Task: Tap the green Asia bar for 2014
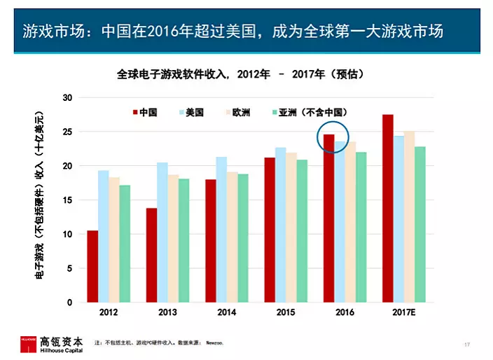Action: tap(243, 238)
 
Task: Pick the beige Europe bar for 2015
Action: tap(291, 228)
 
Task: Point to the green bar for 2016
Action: tap(361, 227)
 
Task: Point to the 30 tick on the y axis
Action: tap(67, 97)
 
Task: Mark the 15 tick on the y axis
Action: tap(67, 200)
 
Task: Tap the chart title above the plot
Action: tap(240, 74)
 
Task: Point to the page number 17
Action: tap(467, 344)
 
